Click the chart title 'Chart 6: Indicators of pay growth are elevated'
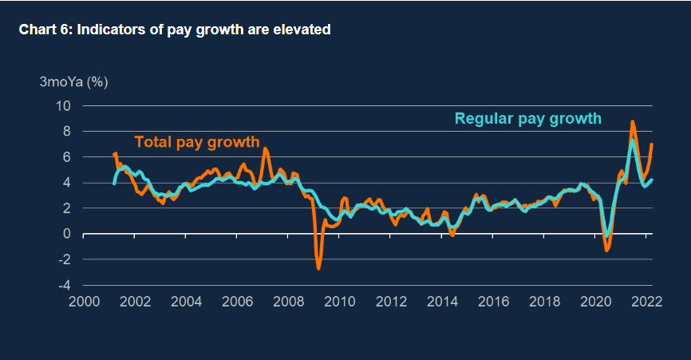pyautogui.click(x=175, y=30)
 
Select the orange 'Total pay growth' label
pyautogui.click(x=197, y=143)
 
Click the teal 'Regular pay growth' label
pyautogui.click(x=527, y=120)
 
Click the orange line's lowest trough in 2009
pyautogui.click(x=318, y=268)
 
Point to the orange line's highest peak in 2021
pyautogui.click(x=632, y=122)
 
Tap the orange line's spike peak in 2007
pyautogui.click(x=266, y=149)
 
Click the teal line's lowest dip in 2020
pyautogui.click(x=608, y=235)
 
